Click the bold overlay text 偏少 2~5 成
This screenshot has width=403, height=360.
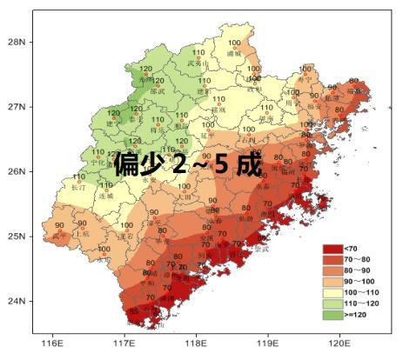[x=187, y=163]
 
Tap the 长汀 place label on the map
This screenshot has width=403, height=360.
[x=79, y=187]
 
